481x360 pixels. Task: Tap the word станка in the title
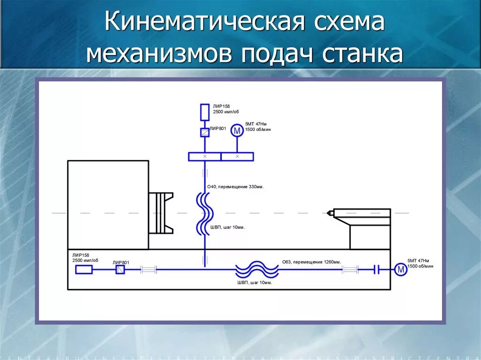(363, 54)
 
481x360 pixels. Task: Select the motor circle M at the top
(237, 131)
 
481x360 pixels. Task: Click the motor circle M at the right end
(400, 269)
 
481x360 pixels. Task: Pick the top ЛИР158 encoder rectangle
(204, 112)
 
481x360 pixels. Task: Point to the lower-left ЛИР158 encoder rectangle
(84, 269)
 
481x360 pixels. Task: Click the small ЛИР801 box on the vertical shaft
(204, 132)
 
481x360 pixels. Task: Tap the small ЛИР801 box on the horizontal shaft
(120, 269)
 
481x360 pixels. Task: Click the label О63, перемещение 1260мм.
(311, 262)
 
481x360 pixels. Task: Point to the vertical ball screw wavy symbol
(204, 214)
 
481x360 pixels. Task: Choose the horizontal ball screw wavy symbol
(257, 270)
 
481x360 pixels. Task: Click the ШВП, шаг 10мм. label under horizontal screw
(255, 283)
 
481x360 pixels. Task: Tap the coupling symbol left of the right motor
(376, 269)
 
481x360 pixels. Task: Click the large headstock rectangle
(108, 205)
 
